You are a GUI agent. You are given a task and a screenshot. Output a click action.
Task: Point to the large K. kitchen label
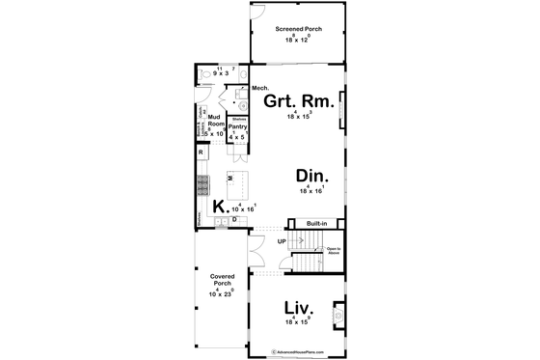tap(220, 205)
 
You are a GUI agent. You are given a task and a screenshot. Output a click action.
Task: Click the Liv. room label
tap(298, 309)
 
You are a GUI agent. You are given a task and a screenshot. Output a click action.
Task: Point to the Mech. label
tap(258, 89)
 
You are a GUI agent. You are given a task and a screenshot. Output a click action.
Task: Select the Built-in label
tap(317, 224)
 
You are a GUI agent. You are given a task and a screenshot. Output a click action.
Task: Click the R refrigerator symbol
tap(201, 152)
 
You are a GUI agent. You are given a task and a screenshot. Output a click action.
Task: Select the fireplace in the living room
tap(338, 313)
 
